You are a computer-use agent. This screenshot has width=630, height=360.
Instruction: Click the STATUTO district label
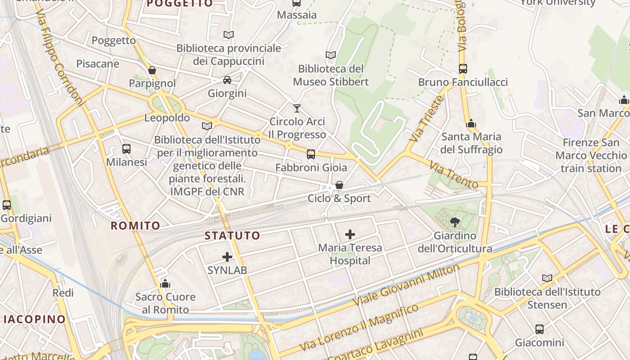(232, 235)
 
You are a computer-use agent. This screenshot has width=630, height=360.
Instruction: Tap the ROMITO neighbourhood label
(135, 225)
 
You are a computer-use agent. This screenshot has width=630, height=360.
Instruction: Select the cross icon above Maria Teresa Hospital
(350, 234)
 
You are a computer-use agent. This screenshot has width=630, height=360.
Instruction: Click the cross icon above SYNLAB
(227, 257)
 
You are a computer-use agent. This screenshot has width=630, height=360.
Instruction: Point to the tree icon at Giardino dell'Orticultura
(454, 222)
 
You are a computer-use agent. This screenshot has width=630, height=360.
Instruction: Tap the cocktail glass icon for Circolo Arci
(297, 108)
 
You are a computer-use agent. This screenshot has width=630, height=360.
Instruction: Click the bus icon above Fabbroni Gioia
(311, 154)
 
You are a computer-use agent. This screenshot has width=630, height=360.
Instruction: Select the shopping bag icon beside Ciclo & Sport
(339, 185)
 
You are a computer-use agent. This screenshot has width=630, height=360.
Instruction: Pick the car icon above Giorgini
(227, 80)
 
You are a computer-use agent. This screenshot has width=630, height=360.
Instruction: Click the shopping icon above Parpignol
(152, 70)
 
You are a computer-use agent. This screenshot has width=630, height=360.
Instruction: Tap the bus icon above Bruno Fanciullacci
(463, 69)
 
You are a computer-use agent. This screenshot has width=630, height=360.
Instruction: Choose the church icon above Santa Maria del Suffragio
(471, 123)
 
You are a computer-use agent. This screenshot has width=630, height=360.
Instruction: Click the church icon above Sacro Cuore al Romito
(165, 283)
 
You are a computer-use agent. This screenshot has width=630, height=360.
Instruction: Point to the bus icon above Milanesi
(126, 148)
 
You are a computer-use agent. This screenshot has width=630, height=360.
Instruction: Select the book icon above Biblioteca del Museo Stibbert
(331, 55)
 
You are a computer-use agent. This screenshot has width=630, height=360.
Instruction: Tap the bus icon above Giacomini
(539, 329)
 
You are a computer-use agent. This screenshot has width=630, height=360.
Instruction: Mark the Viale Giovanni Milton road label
(407, 285)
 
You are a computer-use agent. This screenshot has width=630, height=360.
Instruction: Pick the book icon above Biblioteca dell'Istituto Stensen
(547, 279)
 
